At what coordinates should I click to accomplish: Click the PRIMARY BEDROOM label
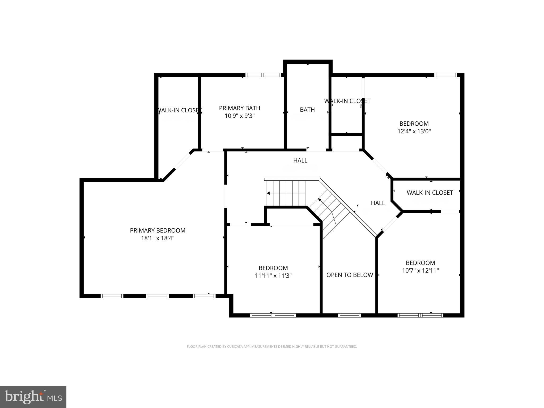158,231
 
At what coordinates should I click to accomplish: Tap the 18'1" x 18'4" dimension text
158,238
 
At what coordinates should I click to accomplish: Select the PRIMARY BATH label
239,108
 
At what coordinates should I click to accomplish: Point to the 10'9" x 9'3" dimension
239,116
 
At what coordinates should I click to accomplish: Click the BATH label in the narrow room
307,110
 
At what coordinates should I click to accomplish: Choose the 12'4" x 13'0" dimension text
414,131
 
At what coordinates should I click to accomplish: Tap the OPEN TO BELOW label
350,275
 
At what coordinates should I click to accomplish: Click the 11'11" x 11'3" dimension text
273,276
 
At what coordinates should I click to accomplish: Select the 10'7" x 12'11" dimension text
420,271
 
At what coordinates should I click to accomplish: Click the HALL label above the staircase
300,160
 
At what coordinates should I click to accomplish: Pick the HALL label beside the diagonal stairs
378,203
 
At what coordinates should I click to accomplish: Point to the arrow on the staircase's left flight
269,193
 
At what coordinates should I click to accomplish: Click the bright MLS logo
33,397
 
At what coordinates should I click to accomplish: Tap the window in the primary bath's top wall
263,75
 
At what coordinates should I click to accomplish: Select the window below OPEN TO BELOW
349,315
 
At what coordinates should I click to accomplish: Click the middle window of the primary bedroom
158,296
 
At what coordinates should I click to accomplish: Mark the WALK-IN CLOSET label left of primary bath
179,110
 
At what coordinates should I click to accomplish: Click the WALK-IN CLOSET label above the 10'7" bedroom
430,193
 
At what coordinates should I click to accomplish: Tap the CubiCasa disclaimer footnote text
272,347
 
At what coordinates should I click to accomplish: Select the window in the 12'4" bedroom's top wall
445,75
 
